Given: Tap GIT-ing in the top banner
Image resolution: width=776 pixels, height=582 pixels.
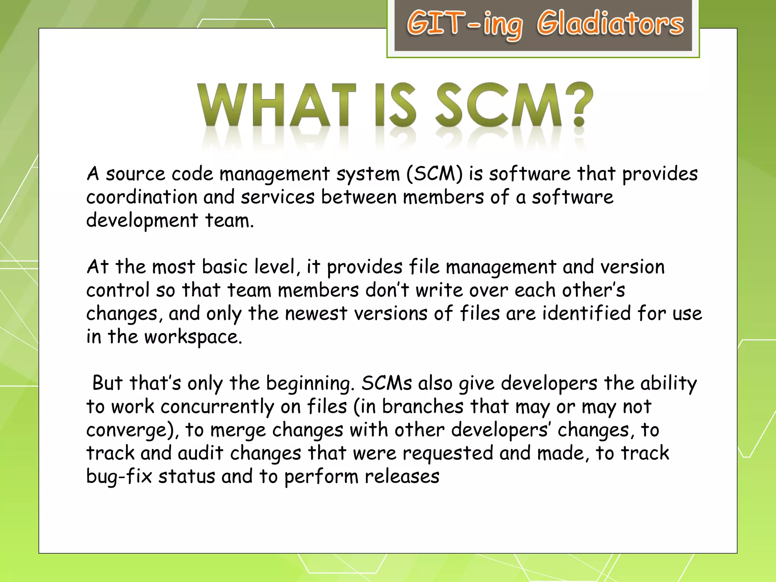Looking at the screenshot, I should point(464,25).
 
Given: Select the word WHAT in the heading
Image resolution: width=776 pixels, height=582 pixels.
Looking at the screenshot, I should point(277,105).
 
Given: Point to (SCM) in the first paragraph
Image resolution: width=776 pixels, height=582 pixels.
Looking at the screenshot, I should point(435,174).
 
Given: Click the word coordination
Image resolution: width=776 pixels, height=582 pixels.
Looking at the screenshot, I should point(141,197).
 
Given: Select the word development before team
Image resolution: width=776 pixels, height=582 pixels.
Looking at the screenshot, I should point(142,221).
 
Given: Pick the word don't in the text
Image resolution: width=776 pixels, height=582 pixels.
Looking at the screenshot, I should point(387,290).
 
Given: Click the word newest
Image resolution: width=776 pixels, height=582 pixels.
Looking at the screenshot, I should point(316,314).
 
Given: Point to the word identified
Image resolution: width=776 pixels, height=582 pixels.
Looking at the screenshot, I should point(586,313).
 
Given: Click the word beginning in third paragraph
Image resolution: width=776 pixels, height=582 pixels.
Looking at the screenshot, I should point(310,383).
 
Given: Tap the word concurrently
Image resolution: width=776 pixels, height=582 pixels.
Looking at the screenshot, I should point(217,407).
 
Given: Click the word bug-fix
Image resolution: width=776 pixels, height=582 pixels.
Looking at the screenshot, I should point(119,477).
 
